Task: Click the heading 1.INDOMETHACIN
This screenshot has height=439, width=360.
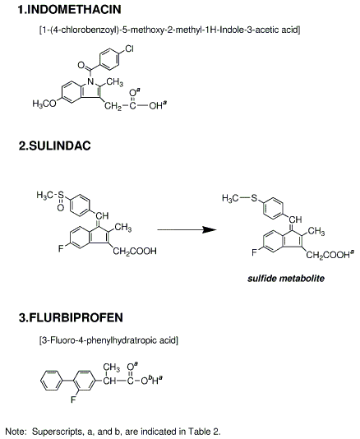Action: click(x=69, y=10)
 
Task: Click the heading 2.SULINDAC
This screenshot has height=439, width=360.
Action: click(x=55, y=146)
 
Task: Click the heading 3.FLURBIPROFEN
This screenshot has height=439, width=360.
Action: click(x=71, y=318)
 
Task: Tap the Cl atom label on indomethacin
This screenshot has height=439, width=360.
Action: click(x=129, y=49)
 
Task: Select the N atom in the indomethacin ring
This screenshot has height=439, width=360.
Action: click(x=90, y=81)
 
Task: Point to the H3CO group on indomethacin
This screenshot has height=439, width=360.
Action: click(x=44, y=104)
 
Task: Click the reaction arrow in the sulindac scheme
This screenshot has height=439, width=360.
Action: click(x=187, y=230)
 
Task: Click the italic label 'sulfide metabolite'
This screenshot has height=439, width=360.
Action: click(x=286, y=279)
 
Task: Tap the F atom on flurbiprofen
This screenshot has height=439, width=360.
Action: click(x=73, y=400)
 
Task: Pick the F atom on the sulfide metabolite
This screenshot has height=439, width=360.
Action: click(x=254, y=252)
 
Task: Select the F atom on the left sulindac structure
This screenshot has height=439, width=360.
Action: click(x=61, y=248)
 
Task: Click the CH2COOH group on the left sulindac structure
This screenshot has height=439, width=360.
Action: click(x=135, y=251)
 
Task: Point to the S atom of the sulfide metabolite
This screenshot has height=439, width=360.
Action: click(x=254, y=198)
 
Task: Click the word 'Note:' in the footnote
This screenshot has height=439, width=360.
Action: click(x=16, y=431)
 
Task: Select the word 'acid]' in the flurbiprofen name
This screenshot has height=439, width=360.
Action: click(x=168, y=340)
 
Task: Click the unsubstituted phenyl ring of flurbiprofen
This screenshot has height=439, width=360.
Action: click(x=51, y=381)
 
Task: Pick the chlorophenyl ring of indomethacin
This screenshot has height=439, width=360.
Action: click(x=109, y=59)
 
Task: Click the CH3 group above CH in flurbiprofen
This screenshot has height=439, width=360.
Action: click(x=111, y=367)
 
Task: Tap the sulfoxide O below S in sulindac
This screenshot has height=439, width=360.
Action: click(x=61, y=207)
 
